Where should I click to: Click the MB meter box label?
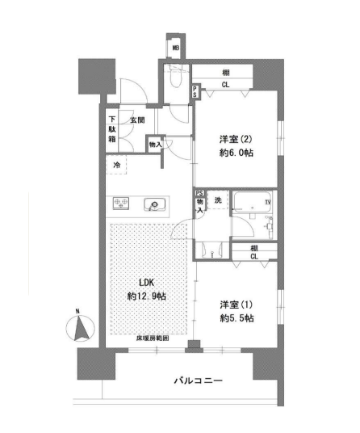tap(176, 48)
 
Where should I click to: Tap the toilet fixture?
tap(176, 78)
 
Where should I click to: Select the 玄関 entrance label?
tap(137, 120)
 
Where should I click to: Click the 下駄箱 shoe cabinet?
tap(112, 129)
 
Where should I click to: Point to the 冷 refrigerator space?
tap(116, 165)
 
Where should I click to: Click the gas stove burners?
tap(121, 204)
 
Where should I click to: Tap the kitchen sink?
tap(154, 204)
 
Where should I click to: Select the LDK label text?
tap(146, 283)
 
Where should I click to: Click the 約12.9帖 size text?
tap(146, 296)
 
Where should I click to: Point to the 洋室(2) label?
tap(236, 139)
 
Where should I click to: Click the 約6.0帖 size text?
tap(237, 153)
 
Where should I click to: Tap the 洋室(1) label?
tap(237, 305)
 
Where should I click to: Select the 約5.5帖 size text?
tap(237, 318)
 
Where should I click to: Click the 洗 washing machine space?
tap(218, 200)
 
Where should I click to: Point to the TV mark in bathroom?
tap(268, 202)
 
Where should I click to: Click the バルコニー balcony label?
tap(198, 380)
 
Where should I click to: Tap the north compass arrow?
tap(80, 328)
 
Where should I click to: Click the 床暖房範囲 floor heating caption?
tap(153, 338)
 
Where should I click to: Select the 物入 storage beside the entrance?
tap(155, 145)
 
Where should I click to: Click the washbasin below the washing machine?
tap(212, 250)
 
